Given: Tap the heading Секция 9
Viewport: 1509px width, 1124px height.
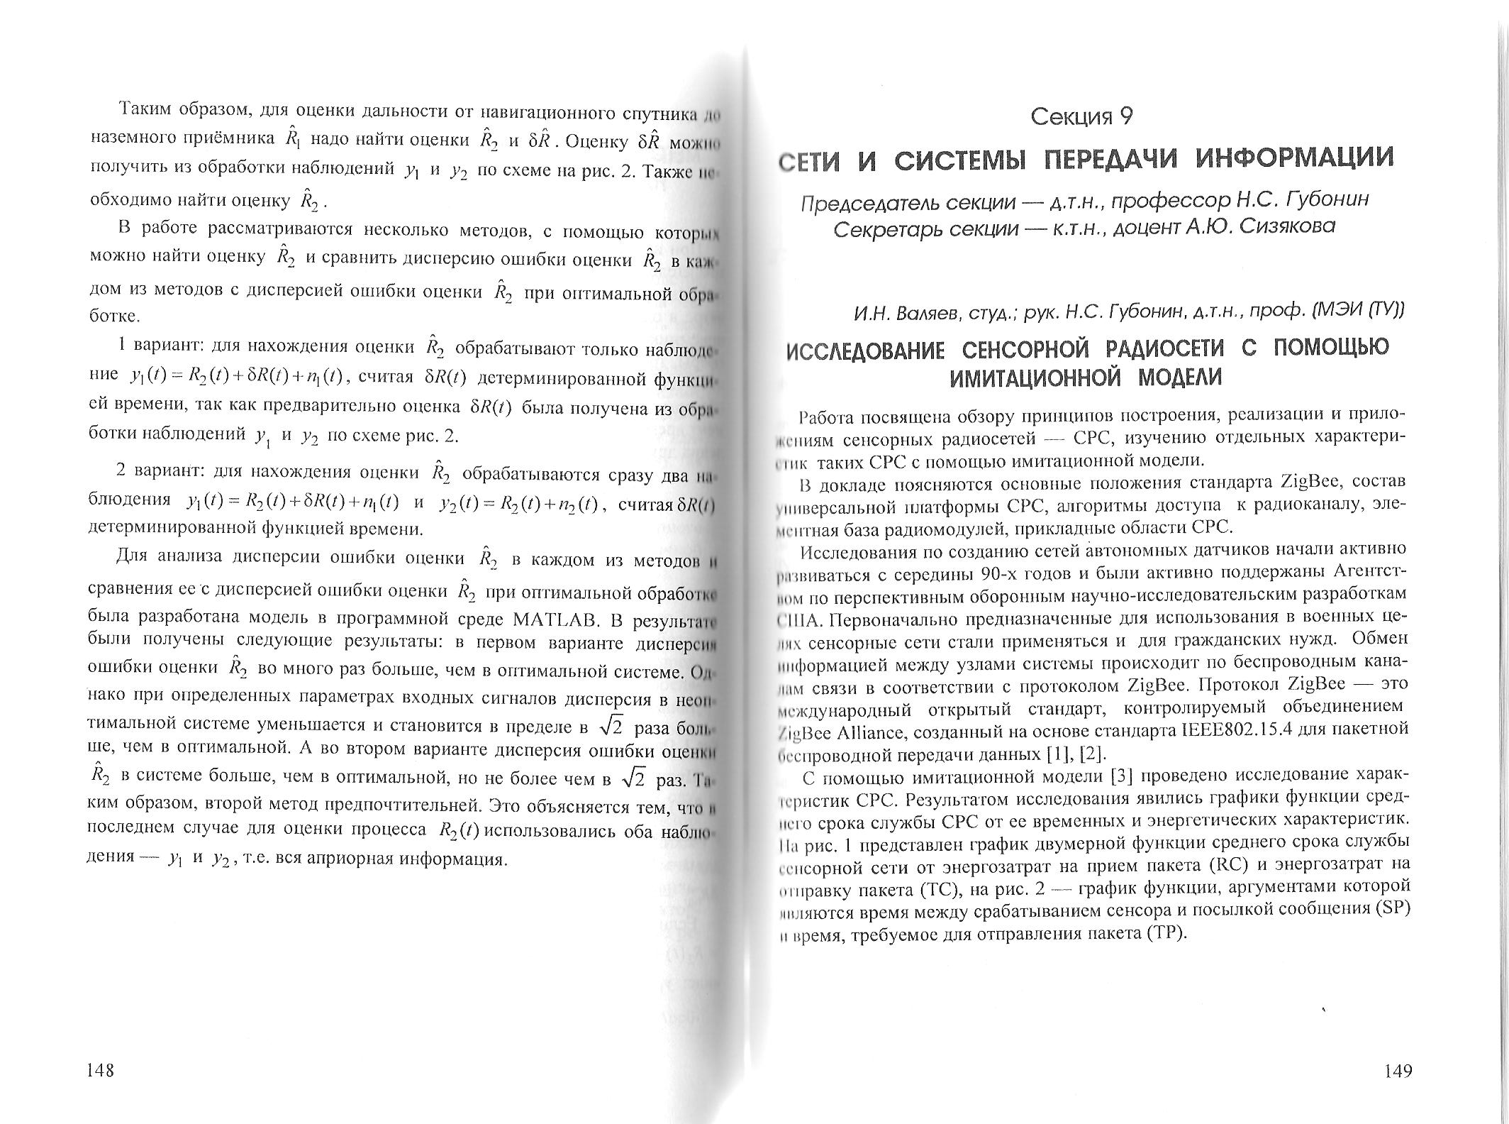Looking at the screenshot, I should (1081, 116).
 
